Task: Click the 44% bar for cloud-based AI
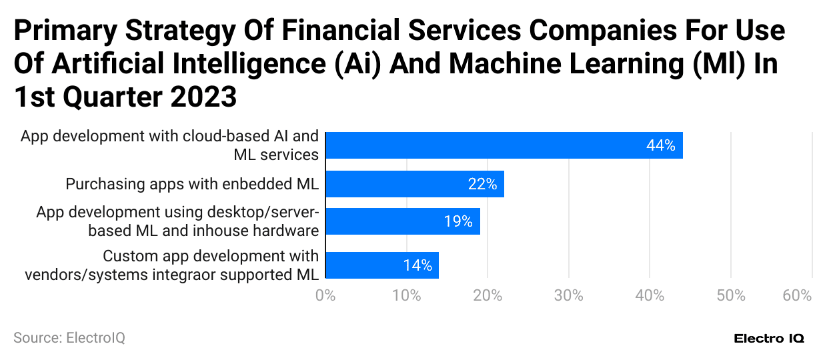click(504, 145)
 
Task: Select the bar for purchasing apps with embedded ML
click(414, 184)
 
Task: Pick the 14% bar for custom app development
click(381, 265)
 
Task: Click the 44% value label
click(660, 145)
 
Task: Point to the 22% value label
click(482, 185)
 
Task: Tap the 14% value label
click(418, 265)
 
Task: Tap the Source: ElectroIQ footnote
click(69, 338)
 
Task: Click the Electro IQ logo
click(769, 339)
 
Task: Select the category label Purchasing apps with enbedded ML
click(192, 184)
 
